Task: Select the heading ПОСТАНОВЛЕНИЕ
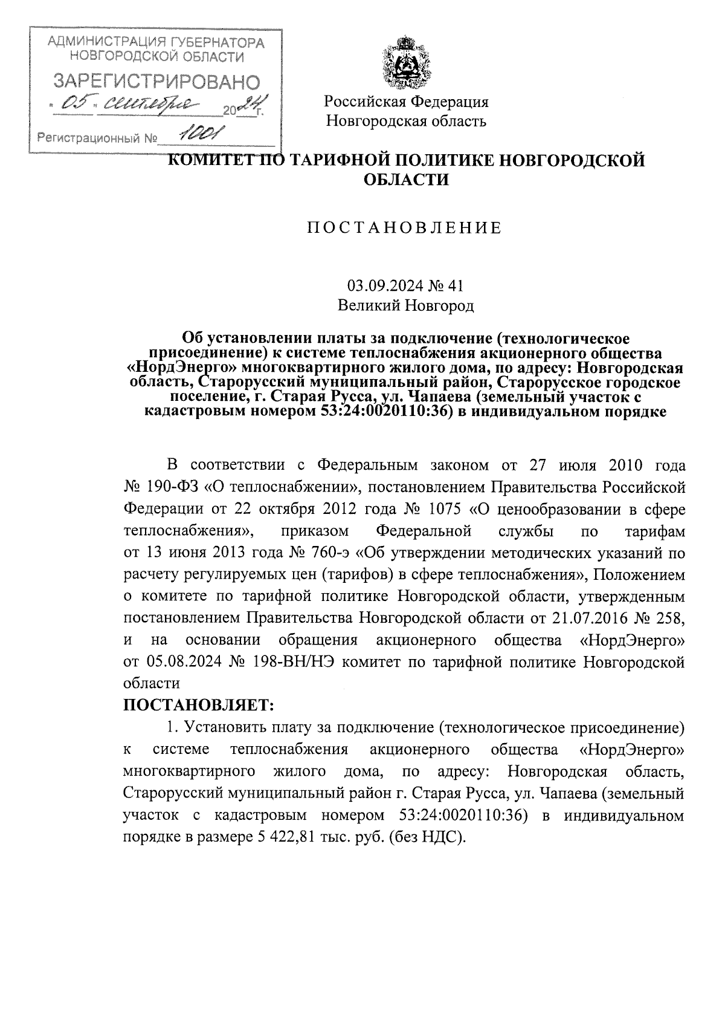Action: pos(405,228)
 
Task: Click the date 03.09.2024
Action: pos(379,285)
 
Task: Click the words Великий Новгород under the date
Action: pos(405,306)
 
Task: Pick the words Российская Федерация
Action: pos(406,102)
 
